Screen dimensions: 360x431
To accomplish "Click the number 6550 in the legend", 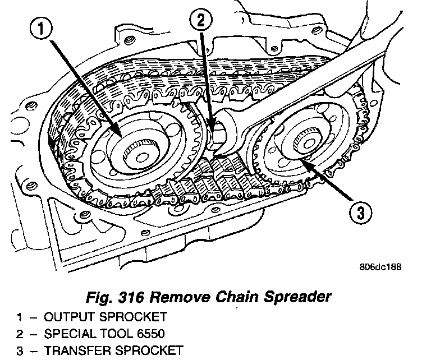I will (x=149, y=334).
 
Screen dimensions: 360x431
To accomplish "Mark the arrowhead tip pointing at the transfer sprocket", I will (x=299, y=160).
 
